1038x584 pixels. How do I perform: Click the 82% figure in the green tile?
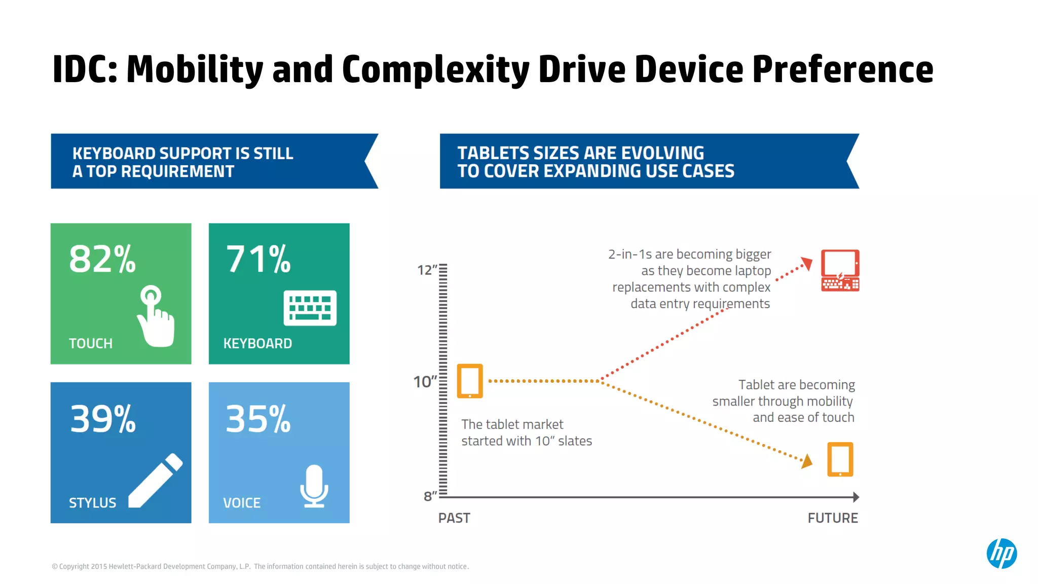[x=102, y=259]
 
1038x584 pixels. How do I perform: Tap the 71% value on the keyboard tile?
[x=258, y=259]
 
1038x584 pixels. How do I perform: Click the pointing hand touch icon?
[x=156, y=317]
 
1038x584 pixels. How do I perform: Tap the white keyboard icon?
[x=310, y=308]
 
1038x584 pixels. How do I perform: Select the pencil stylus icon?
[x=156, y=481]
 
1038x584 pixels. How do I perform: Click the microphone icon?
[x=314, y=486]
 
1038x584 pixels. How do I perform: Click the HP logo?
[x=1002, y=553]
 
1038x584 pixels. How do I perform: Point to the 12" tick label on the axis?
[x=427, y=270]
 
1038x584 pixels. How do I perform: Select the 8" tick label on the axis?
[x=430, y=496]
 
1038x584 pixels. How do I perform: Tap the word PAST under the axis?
[x=454, y=518]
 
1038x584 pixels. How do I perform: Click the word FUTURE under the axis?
[x=833, y=518]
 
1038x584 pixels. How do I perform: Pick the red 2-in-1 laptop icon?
[x=840, y=270]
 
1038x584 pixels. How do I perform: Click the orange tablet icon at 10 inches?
[x=470, y=381]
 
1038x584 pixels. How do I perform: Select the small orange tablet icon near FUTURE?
[x=840, y=459]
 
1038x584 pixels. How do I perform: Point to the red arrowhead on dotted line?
[x=807, y=263]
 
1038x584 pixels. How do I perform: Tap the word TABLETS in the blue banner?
[x=495, y=153]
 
